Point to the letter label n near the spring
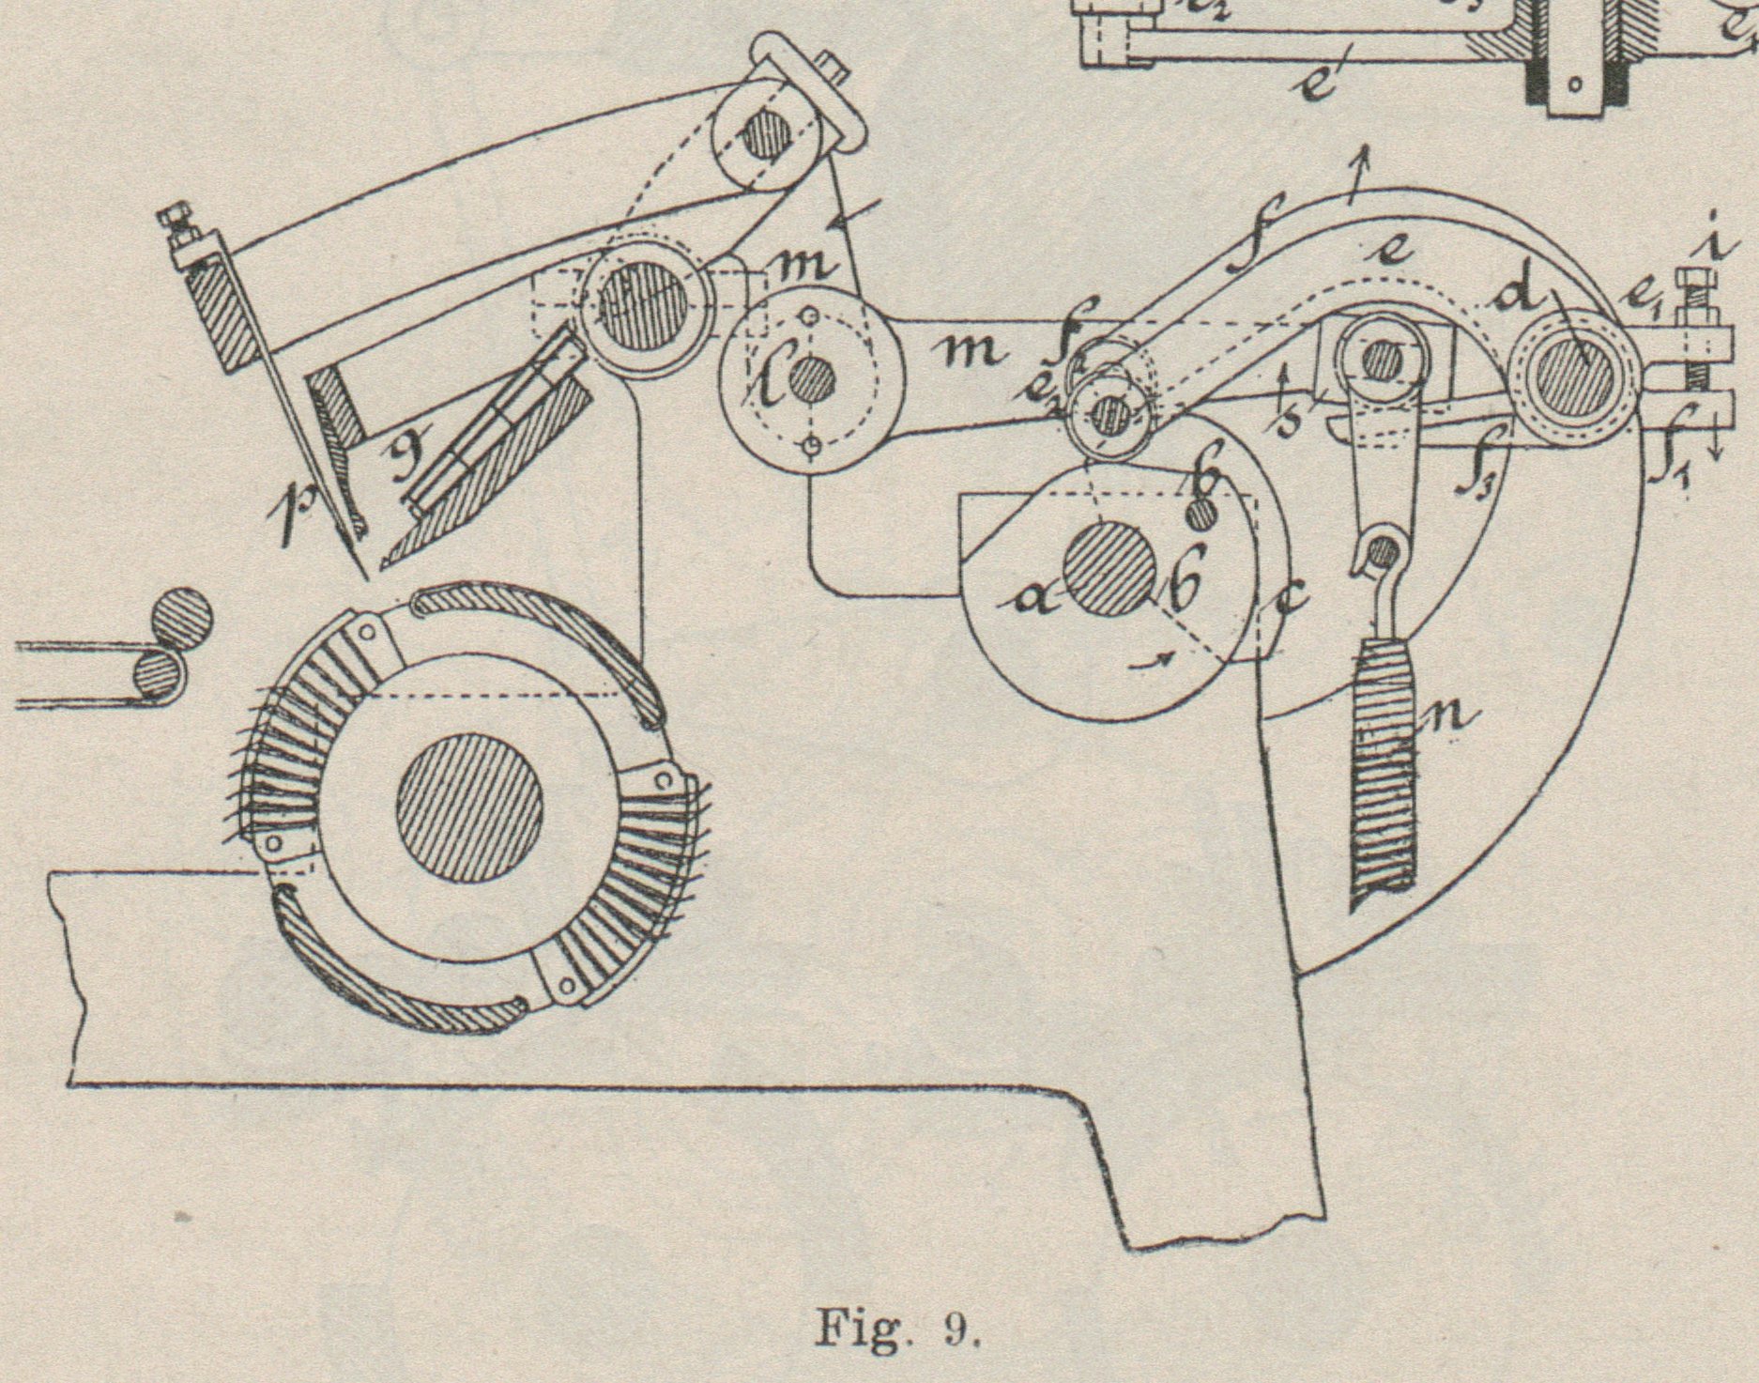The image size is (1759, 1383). pos(1451,718)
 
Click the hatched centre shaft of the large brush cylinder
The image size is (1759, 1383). pos(469,808)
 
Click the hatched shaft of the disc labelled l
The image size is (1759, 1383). pos(812,382)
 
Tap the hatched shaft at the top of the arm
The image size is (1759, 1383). pos(761,138)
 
